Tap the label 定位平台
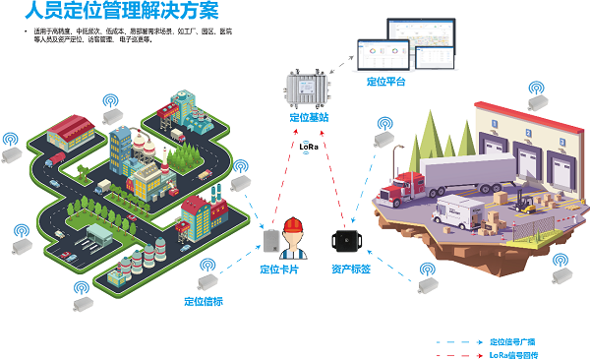(x=385, y=82)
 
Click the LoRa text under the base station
(x=310, y=147)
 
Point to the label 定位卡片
(x=279, y=269)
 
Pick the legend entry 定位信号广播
(x=515, y=340)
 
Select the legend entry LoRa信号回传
(x=515, y=353)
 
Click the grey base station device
(x=307, y=87)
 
